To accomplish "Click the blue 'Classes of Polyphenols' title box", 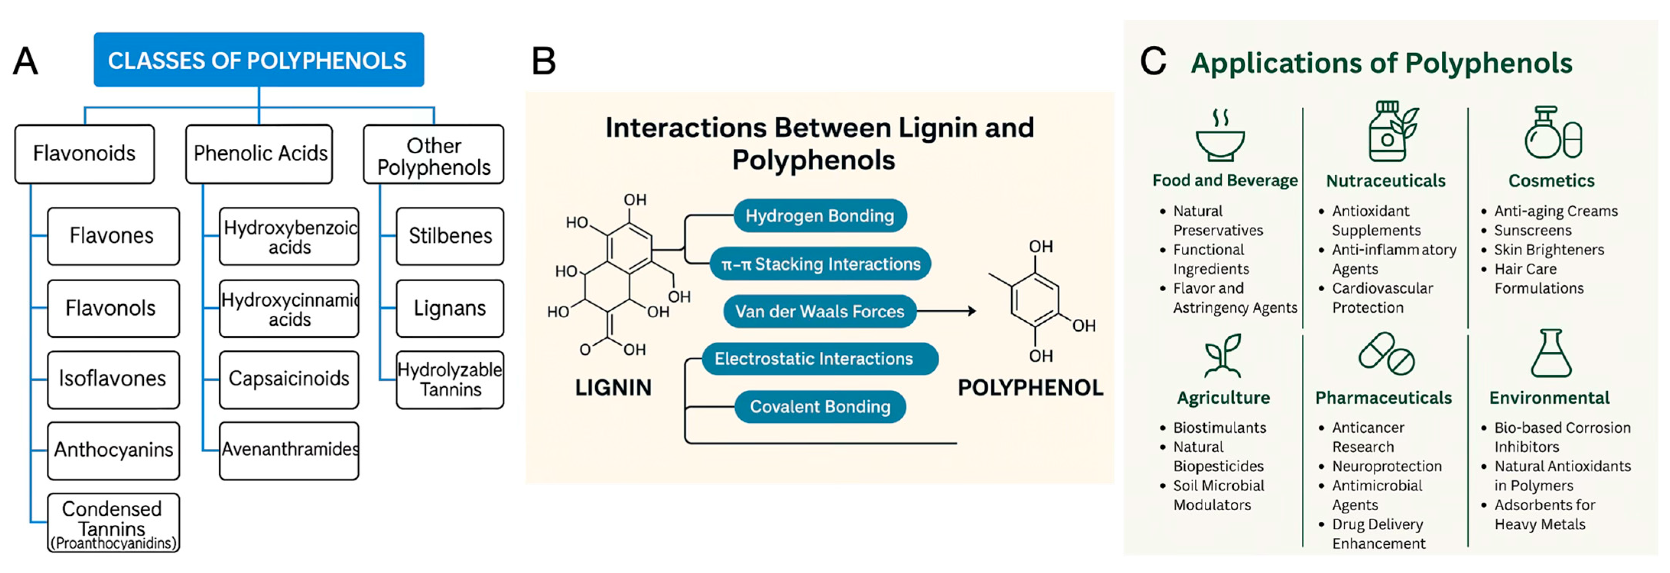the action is (x=259, y=60).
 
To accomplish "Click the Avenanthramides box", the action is (x=289, y=451).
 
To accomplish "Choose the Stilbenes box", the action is (x=450, y=236).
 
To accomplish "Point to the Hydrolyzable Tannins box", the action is (x=450, y=380).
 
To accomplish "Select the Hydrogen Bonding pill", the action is (x=820, y=216).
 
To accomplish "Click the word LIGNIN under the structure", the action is (x=613, y=388).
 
